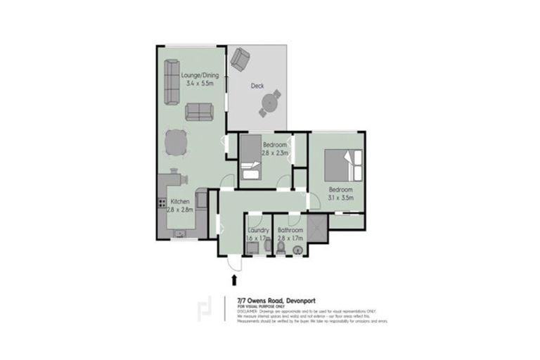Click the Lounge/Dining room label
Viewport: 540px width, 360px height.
[x=200, y=75]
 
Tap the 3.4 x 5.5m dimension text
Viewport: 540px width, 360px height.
[x=200, y=83]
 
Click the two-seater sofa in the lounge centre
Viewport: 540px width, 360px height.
[x=200, y=111]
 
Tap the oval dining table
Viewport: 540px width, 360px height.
[x=176, y=143]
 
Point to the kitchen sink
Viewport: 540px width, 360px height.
[x=180, y=233]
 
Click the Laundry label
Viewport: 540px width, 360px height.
[x=259, y=231]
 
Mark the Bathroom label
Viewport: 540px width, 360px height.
[x=290, y=231]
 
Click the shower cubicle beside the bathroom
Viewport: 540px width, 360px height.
[x=317, y=229]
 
